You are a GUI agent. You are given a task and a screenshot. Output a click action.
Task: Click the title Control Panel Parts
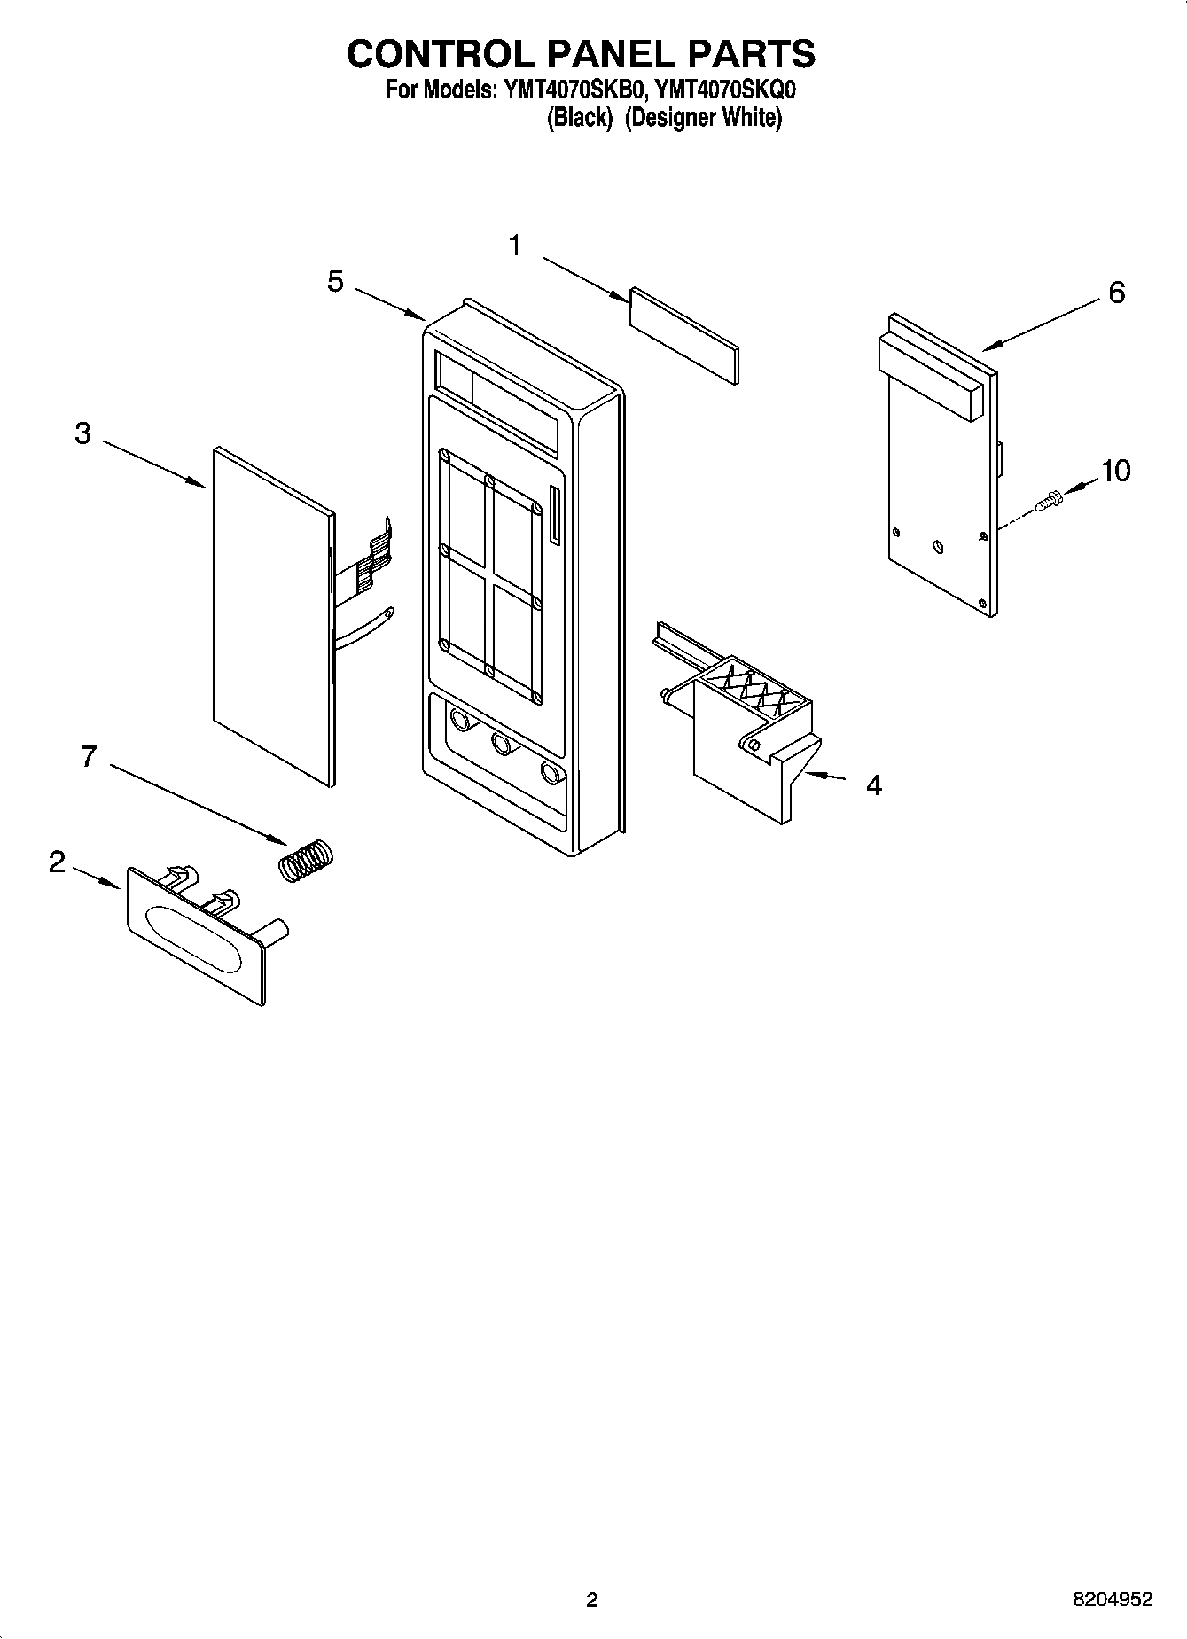pos(581,54)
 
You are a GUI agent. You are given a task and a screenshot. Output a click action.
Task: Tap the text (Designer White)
pos(703,118)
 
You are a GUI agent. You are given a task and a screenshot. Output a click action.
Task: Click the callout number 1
pos(515,246)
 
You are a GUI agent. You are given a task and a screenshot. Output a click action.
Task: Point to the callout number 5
pos(335,282)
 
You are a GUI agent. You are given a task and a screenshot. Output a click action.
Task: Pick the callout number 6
pos(1116,292)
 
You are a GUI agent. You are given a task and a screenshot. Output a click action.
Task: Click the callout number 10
pos(1115,471)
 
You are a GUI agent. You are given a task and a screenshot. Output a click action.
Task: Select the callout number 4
pos(873,784)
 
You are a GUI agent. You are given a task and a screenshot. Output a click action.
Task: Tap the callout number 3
pos(82,433)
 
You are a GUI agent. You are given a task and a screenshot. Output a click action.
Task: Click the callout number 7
pos(88,756)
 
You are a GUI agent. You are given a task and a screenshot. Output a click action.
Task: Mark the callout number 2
pos(57,861)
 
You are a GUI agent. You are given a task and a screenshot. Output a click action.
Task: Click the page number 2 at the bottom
pos(592,1599)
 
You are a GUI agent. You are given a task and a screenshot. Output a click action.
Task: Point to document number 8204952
pos(1113,1599)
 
